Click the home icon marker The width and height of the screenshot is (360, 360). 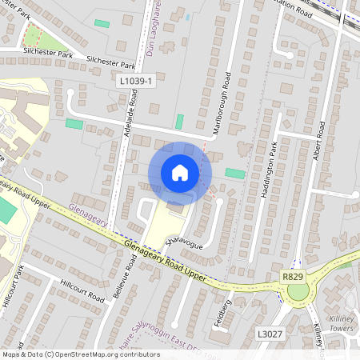point(180,173)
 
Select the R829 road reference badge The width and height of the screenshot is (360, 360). point(293,275)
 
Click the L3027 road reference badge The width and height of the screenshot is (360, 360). point(270,332)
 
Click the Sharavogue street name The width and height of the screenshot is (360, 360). point(184,242)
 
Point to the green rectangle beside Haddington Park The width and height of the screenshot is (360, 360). point(234,173)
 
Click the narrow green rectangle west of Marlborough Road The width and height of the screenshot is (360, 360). point(179,122)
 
